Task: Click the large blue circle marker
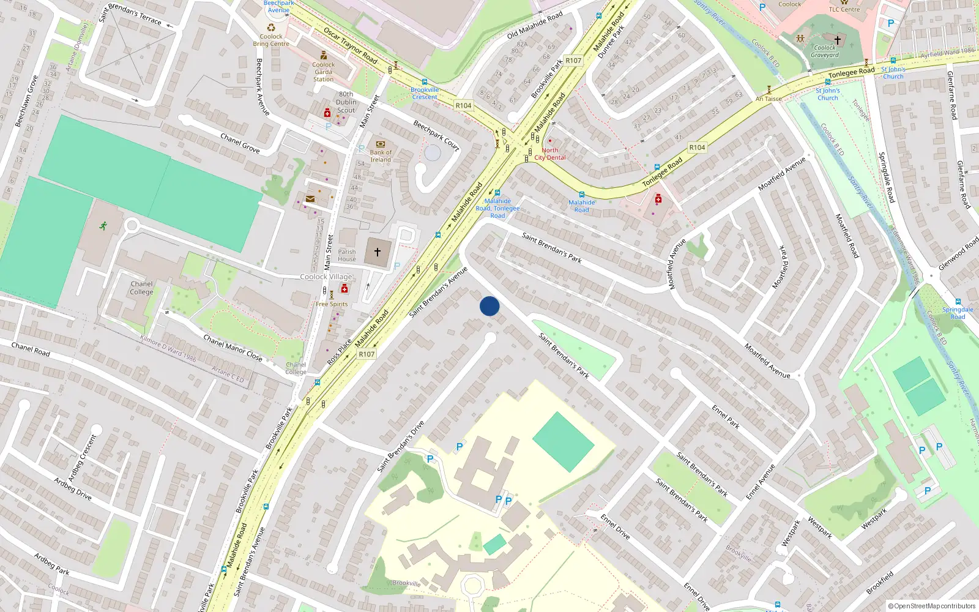coord(489,306)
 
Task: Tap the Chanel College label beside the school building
coord(141,288)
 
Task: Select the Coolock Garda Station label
coord(323,72)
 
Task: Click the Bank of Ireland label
coord(381,156)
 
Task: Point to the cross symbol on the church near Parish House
coord(378,252)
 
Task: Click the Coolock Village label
coord(326,277)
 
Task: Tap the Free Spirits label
coord(332,304)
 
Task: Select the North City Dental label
coord(550,154)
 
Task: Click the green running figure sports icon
coord(103,225)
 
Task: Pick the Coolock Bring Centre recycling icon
coord(271,28)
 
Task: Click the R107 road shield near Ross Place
coord(367,354)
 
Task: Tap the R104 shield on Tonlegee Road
coord(697,147)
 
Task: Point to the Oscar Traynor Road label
coord(350,45)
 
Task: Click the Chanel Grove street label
coord(240,143)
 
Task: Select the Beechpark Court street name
coord(436,135)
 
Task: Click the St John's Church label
coord(893,73)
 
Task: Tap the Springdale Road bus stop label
coord(958,313)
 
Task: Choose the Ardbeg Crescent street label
coord(82,458)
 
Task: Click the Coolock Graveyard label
coord(825,51)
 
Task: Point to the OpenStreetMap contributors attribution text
coord(931,606)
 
